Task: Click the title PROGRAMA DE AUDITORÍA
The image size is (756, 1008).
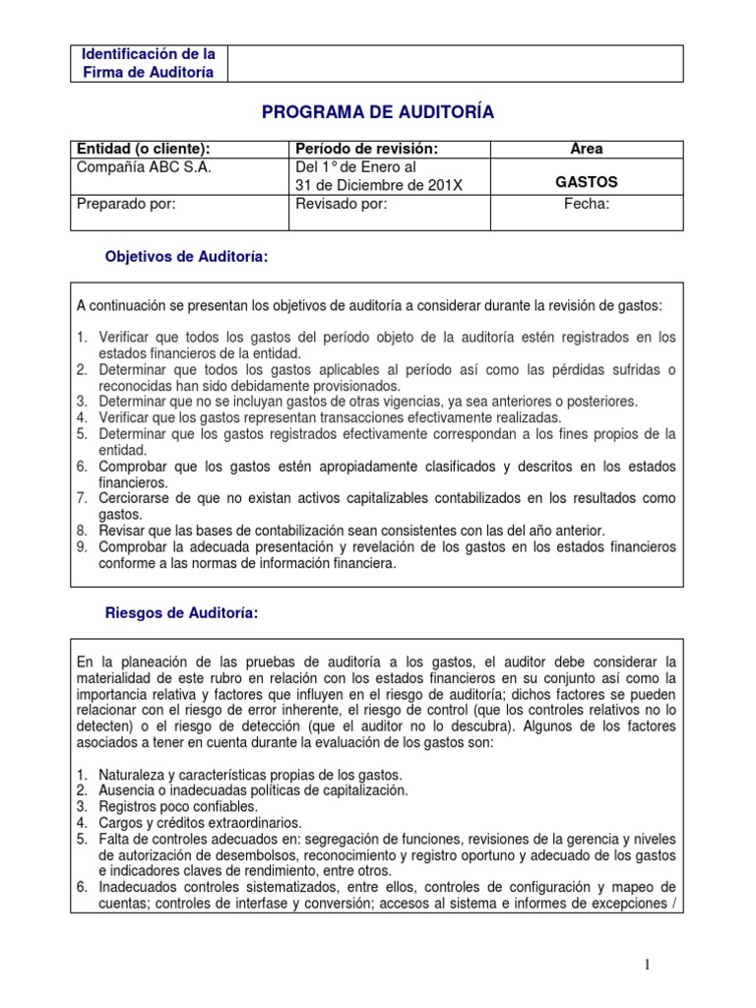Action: pos(378,113)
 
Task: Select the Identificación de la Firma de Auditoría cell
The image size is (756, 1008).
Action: pos(149,63)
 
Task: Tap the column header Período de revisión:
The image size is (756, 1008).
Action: pos(366,149)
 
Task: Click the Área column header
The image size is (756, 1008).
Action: pos(587,149)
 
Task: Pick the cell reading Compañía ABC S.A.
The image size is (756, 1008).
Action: pos(145,166)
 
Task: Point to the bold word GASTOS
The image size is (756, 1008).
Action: pos(587,183)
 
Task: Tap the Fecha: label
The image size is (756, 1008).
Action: pos(587,204)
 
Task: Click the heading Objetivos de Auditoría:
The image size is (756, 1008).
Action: pos(186,257)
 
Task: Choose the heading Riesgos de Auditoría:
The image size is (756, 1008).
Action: pos(181,613)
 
